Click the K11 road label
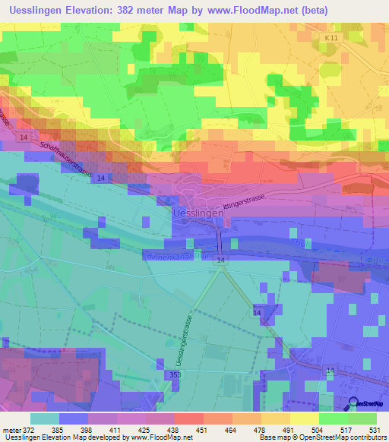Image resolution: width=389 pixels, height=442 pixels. (x=328, y=37)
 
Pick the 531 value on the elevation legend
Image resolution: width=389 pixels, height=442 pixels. (x=375, y=430)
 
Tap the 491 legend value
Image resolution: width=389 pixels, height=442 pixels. (x=288, y=430)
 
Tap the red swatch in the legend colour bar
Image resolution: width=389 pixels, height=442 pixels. (x=189, y=418)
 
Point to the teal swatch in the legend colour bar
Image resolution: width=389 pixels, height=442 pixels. (x=45, y=418)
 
